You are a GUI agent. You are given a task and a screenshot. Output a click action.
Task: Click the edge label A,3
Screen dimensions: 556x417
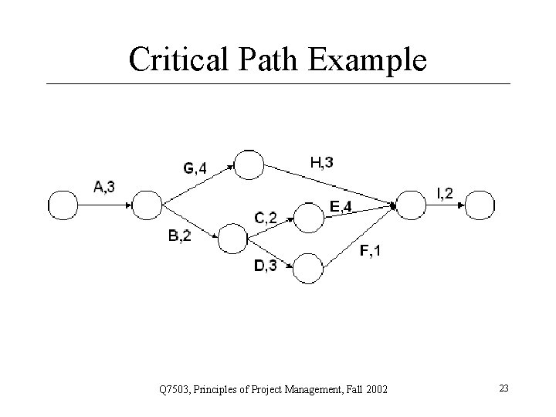click(x=105, y=185)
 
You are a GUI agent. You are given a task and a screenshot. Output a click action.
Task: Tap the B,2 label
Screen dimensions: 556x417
click(x=179, y=236)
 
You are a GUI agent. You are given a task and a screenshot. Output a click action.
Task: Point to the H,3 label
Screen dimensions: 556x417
click(x=322, y=162)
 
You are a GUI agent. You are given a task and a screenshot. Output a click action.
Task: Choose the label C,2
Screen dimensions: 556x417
click(x=266, y=217)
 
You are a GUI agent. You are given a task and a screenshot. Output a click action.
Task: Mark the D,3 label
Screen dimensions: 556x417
click(x=265, y=266)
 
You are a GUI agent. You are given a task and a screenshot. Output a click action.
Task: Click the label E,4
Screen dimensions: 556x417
click(x=341, y=205)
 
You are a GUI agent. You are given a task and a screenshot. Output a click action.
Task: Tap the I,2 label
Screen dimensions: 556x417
click(x=446, y=193)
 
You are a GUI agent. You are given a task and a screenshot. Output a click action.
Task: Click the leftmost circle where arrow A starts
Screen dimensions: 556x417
click(x=63, y=205)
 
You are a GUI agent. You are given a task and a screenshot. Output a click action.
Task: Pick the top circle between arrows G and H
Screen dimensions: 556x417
click(x=249, y=164)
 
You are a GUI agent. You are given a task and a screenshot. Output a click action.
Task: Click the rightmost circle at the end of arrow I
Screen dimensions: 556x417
click(x=480, y=205)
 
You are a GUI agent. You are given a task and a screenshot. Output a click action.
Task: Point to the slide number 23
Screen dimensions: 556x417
click(x=503, y=388)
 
